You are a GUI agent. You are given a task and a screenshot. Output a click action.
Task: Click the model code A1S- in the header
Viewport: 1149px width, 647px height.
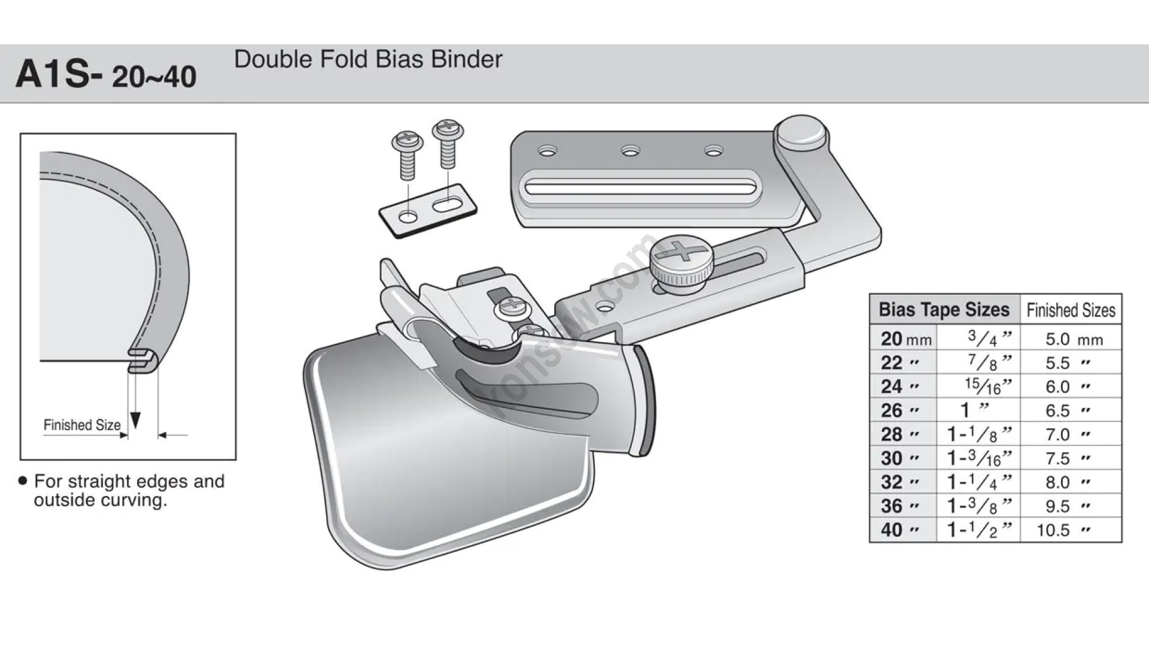coord(59,75)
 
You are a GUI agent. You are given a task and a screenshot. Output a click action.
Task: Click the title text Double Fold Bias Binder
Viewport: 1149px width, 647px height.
coord(368,59)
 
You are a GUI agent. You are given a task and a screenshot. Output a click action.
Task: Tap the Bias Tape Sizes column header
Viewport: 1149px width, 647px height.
coord(944,310)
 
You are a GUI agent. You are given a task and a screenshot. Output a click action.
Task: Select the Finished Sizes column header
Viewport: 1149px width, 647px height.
coord(1071,310)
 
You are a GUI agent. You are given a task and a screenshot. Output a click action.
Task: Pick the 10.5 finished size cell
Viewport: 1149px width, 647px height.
coord(1053,530)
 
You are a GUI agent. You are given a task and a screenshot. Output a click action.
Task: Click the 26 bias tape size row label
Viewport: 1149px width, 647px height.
coord(892,410)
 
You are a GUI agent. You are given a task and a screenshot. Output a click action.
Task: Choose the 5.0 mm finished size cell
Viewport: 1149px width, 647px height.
coord(1057,339)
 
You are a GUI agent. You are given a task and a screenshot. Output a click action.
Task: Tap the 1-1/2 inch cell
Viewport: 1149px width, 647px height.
coord(978,530)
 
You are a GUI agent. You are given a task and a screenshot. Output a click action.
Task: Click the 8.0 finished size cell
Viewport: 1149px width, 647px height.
coord(1057,482)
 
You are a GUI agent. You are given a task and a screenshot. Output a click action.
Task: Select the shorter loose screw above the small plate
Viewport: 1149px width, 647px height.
coord(408,155)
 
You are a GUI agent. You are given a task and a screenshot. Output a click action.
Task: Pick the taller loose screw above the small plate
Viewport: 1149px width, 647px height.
coord(448,143)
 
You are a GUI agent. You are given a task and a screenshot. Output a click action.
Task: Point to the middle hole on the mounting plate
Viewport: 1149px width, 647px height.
coord(630,151)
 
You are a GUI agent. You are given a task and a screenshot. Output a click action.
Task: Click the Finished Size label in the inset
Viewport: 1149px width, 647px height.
coord(82,425)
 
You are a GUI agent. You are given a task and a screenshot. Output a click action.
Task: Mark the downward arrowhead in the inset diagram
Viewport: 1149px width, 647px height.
coord(135,421)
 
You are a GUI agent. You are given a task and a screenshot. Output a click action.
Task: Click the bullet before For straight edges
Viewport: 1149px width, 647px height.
coord(23,481)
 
